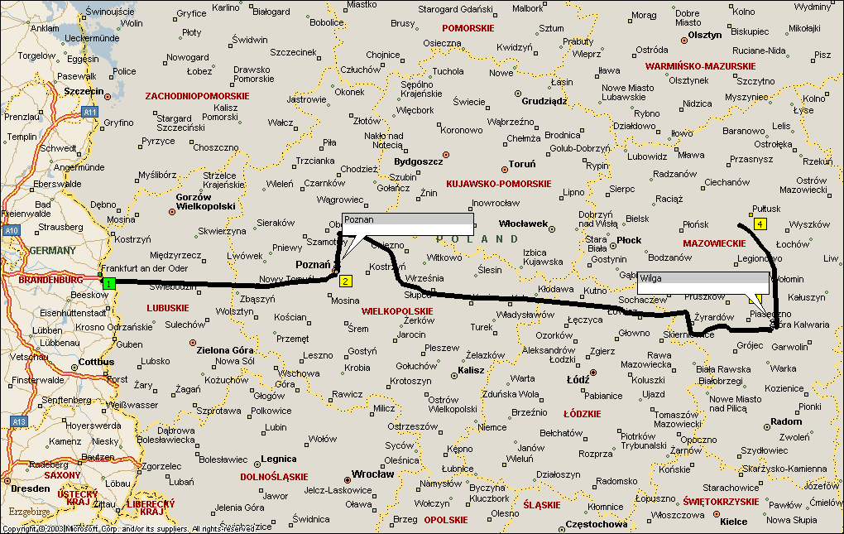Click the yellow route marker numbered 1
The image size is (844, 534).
(108, 283)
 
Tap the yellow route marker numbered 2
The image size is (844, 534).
(346, 281)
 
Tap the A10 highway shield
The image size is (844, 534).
(10, 231)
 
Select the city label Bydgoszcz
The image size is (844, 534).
(419, 161)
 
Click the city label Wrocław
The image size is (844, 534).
(372, 474)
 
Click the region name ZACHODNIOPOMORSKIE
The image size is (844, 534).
(197, 96)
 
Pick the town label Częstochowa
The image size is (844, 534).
(596, 524)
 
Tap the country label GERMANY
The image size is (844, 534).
(52, 250)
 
